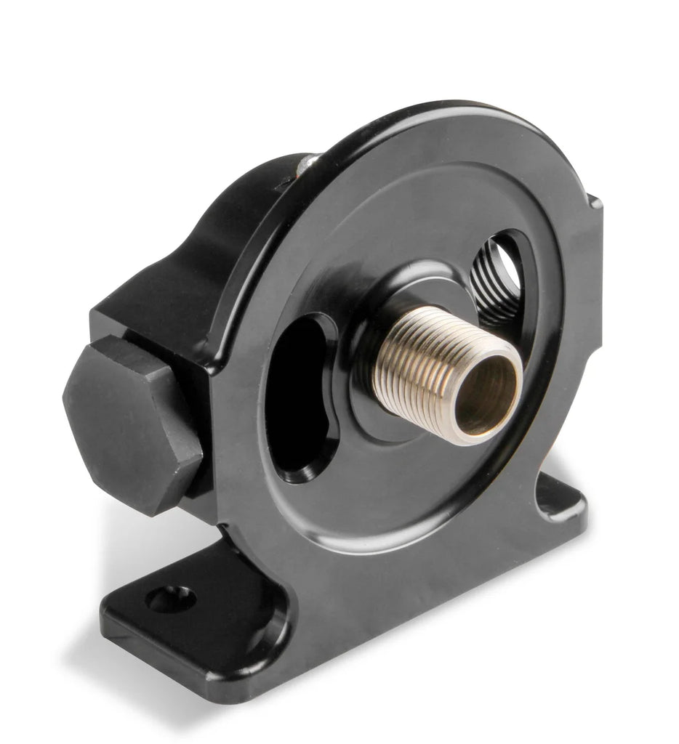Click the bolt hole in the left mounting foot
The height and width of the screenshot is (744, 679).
(x=171, y=598)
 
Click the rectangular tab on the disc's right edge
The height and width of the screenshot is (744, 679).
(x=594, y=218)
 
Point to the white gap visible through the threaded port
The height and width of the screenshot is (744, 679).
(x=510, y=268)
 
